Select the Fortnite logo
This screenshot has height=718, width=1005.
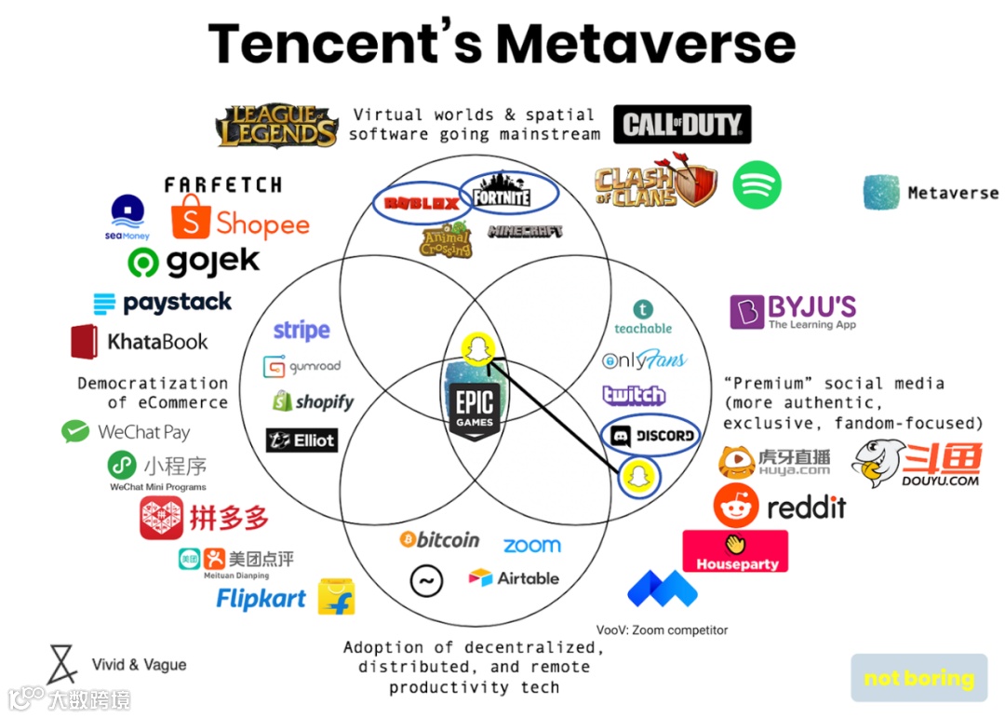[x=502, y=195]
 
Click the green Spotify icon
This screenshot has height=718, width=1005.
[x=757, y=185]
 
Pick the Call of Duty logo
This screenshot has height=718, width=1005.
[x=682, y=124]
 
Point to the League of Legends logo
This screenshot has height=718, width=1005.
[x=277, y=126]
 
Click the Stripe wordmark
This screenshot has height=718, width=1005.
[x=301, y=330]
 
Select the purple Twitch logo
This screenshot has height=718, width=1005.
[x=634, y=395]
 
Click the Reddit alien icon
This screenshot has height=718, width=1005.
[x=736, y=506]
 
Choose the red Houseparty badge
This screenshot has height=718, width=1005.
[x=735, y=551]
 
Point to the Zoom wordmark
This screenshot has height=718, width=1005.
[x=532, y=545]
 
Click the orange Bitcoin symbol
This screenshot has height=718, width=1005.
[x=408, y=539]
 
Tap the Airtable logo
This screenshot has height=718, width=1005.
[x=514, y=578]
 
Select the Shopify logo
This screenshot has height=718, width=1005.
[x=314, y=402]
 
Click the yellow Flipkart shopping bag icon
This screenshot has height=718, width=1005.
[x=336, y=597]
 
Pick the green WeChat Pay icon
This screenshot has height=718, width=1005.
[x=75, y=431]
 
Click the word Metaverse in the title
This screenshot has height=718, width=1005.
[x=645, y=44]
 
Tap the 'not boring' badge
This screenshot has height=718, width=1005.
[x=918, y=678]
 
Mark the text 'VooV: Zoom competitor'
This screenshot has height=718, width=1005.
[x=662, y=630]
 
